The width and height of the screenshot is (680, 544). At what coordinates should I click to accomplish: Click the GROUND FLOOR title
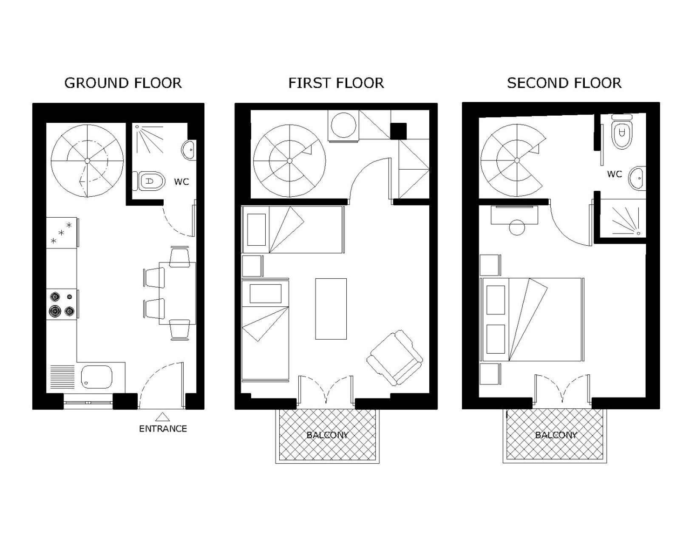tap(123, 83)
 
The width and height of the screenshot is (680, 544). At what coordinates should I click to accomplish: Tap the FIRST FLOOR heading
tap(336, 83)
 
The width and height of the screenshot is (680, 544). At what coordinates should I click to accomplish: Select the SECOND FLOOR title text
tap(564, 83)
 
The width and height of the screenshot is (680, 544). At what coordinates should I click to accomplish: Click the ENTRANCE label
tap(163, 428)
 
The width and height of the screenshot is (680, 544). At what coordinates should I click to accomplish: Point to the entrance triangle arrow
tap(162, 417)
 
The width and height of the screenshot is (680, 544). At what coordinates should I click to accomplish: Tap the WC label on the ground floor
tap(181, 182)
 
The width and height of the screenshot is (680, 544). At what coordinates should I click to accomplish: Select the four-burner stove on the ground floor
tap(62, 304)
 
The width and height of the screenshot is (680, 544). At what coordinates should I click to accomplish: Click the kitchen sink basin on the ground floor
tap(97, 377)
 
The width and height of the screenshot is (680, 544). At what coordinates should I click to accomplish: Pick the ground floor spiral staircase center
tap(87, 161)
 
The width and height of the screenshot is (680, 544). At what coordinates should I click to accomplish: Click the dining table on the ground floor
tap(178, 293)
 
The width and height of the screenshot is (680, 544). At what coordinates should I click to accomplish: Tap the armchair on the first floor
tap(395, 358)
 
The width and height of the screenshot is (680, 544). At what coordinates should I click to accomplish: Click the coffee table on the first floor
tap(331, 309)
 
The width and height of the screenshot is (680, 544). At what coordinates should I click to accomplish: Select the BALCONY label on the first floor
tap(327, 435)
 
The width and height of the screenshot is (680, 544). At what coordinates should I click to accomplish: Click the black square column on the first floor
tap(398, 131)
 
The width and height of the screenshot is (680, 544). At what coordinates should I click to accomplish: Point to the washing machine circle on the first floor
tap(343, 125)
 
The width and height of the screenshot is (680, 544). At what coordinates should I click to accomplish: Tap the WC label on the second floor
tap(614, 174)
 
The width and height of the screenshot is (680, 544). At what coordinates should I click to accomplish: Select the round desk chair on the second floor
tap(517, 227)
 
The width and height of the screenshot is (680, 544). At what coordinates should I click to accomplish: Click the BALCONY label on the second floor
tap(556, 435)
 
